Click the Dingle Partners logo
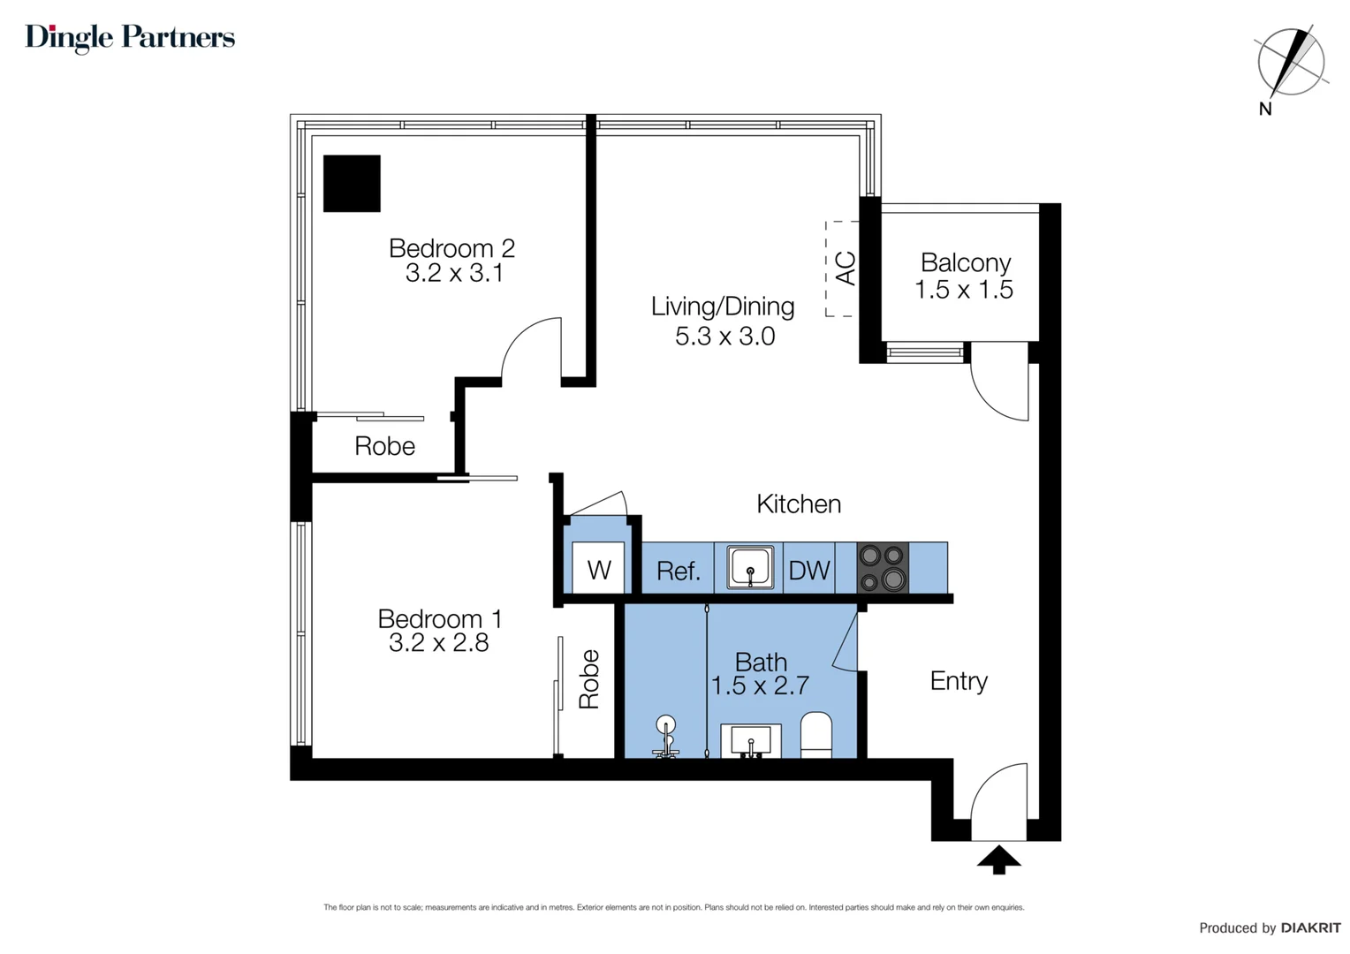pyautogui.click(x=130, y=37)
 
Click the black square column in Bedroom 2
pyautogui.click(x=352, y=184)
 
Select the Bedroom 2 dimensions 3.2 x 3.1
pyautogui.click(x=454, y=274)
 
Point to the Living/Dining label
pyautogui.click(x=723, y=307)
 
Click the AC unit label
pyautogui.click(x=845, y=269)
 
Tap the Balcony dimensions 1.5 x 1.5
pyautogui.click(x=963, y=290)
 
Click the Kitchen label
pyautogui.click(x=799, y=504)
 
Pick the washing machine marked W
pyautogui.click(x=598, y=569)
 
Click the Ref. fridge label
pyautogui.click(x=678, y=572)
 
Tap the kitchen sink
pyautogui.click(x=749, y=567)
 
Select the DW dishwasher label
pyautogui.click(x=808, y=571)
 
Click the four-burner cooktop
pyautogui.click(x=883, y=567)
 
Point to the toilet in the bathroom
pyautogui.click(x=815, y=735)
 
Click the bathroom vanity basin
pyautogui.click(x=750, y=740)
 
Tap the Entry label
pyautogui.click(x=959, y=681)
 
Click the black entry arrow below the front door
pyautogui.click(x=998, y=859)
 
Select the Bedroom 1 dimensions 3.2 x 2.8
pyautogui.click(x=438, y=643)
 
